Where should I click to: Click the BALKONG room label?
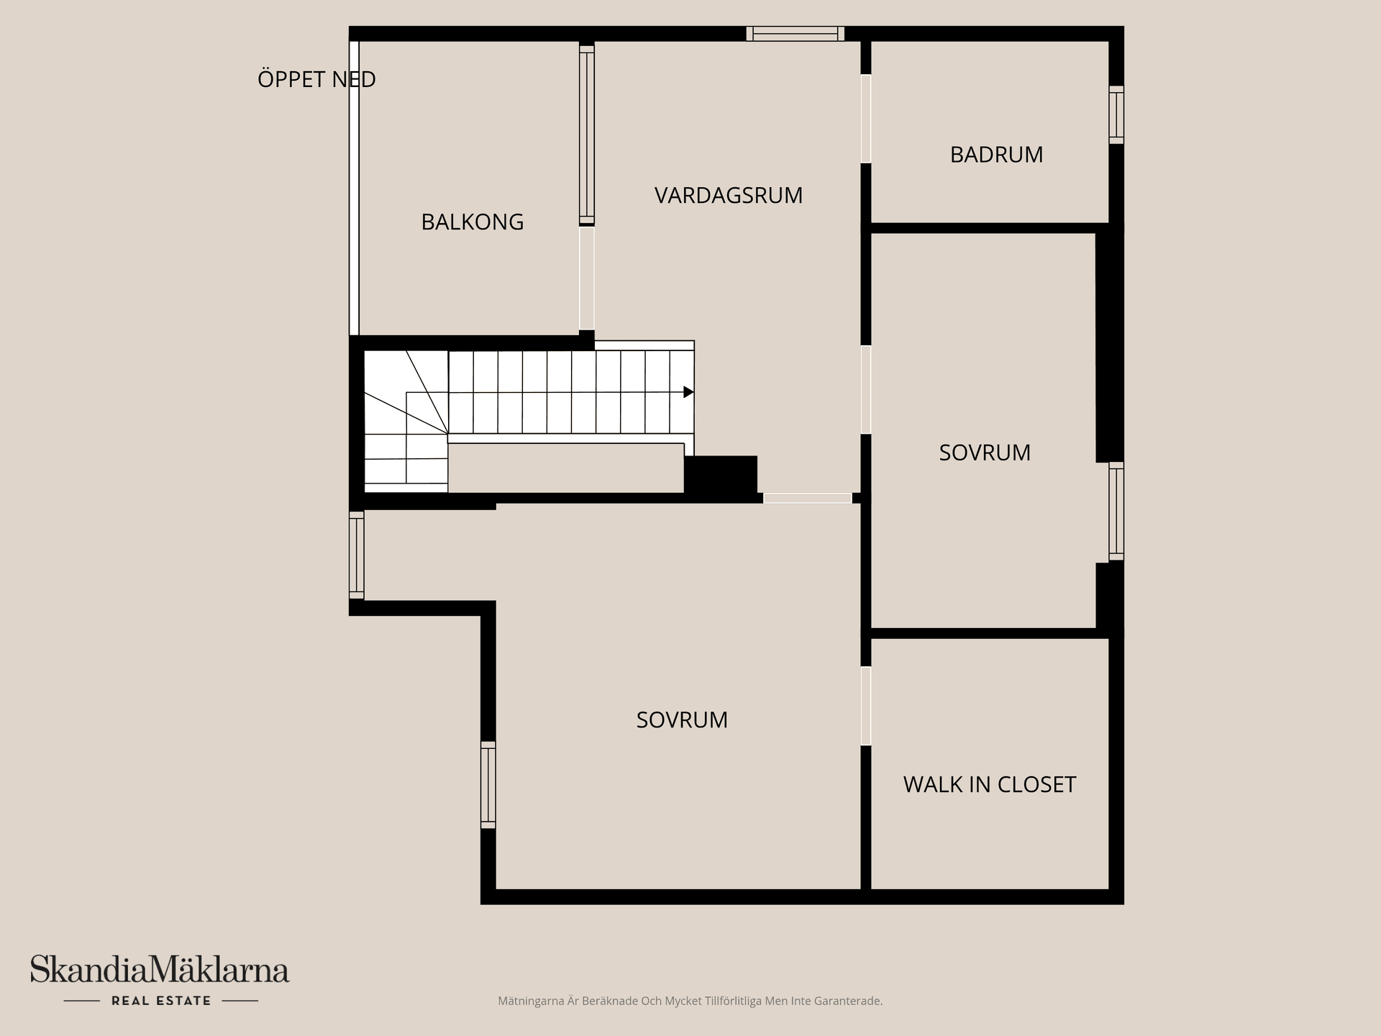tap(472, 222)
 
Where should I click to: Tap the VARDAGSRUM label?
tap(728, 195)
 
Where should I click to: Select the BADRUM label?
tap(996, 155)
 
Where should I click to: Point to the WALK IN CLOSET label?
tap(989, 784)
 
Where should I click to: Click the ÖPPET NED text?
tap(316, 79)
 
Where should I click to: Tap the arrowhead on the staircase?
tap(688, 392)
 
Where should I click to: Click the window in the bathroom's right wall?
tap(1116, 115)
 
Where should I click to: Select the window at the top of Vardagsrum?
tap(795, 34)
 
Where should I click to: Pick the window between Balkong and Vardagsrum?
tap(587, 135)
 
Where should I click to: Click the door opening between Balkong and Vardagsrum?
tap(587, 278)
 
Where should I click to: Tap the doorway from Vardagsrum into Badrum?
tap(866, 119)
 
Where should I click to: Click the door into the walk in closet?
tap(866, 706)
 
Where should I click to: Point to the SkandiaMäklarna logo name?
tap(159, 970)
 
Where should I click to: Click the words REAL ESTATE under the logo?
tap(161, 1001)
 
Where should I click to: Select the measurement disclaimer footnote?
tap(690, 1001)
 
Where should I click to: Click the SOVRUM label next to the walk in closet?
tap(682, 719)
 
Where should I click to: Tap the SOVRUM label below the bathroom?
tap(985, 453)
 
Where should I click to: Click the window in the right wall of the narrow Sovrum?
tap(1116, 512)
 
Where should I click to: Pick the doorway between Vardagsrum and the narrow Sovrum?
tap(866, 390)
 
